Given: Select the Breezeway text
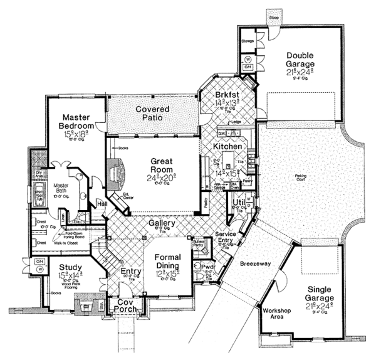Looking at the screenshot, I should pos(254,265).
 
